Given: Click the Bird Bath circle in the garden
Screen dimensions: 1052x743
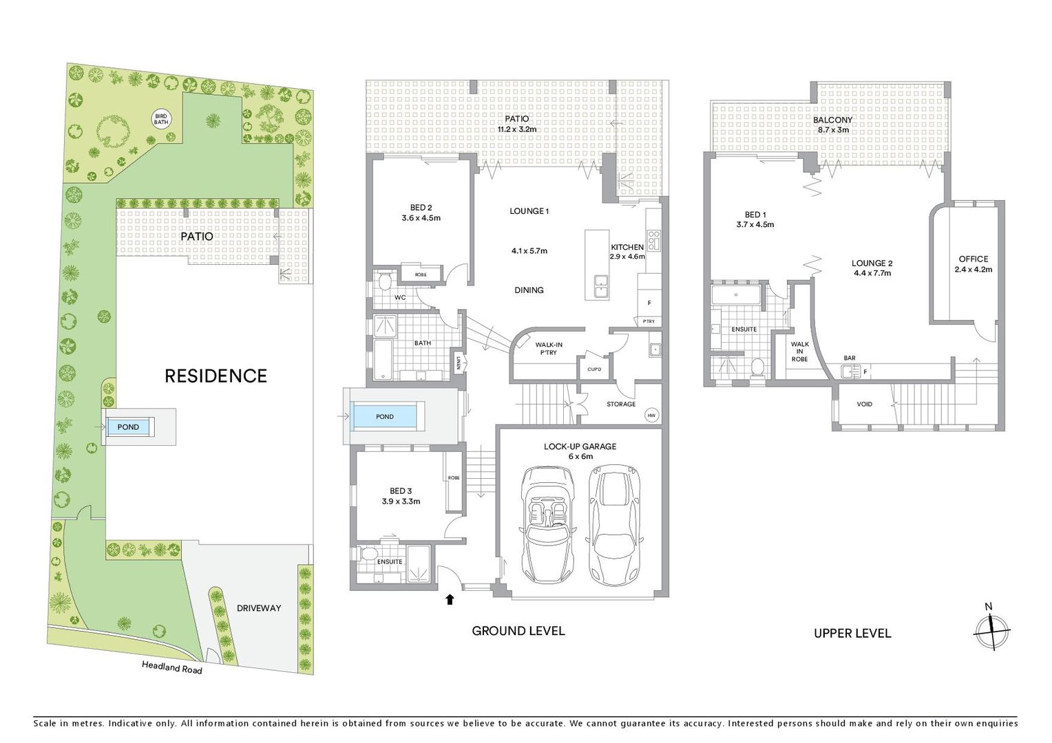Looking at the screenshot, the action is pos(161,119).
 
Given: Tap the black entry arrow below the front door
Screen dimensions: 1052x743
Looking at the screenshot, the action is pos(450,599).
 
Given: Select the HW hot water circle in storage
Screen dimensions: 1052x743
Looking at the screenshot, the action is pos(651,416).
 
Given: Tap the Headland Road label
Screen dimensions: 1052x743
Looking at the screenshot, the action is pos(172,667).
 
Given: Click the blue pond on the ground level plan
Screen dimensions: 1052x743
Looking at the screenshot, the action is pos(385,417).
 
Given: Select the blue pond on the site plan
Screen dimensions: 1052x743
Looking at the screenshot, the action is pos(128,427).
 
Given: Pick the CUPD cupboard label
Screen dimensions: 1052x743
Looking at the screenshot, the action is pos(594,369).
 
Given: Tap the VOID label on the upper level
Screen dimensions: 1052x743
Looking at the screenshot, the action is pos(865,404).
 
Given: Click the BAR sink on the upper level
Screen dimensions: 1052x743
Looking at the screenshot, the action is pos(848,372).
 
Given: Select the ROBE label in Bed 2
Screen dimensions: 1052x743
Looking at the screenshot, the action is pos(421,274).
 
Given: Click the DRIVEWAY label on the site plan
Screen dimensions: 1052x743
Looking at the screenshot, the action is pos(259,608).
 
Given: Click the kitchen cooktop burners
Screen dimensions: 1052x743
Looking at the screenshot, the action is pos(653,239).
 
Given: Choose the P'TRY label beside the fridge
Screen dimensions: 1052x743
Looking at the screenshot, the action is pos(649,321).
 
